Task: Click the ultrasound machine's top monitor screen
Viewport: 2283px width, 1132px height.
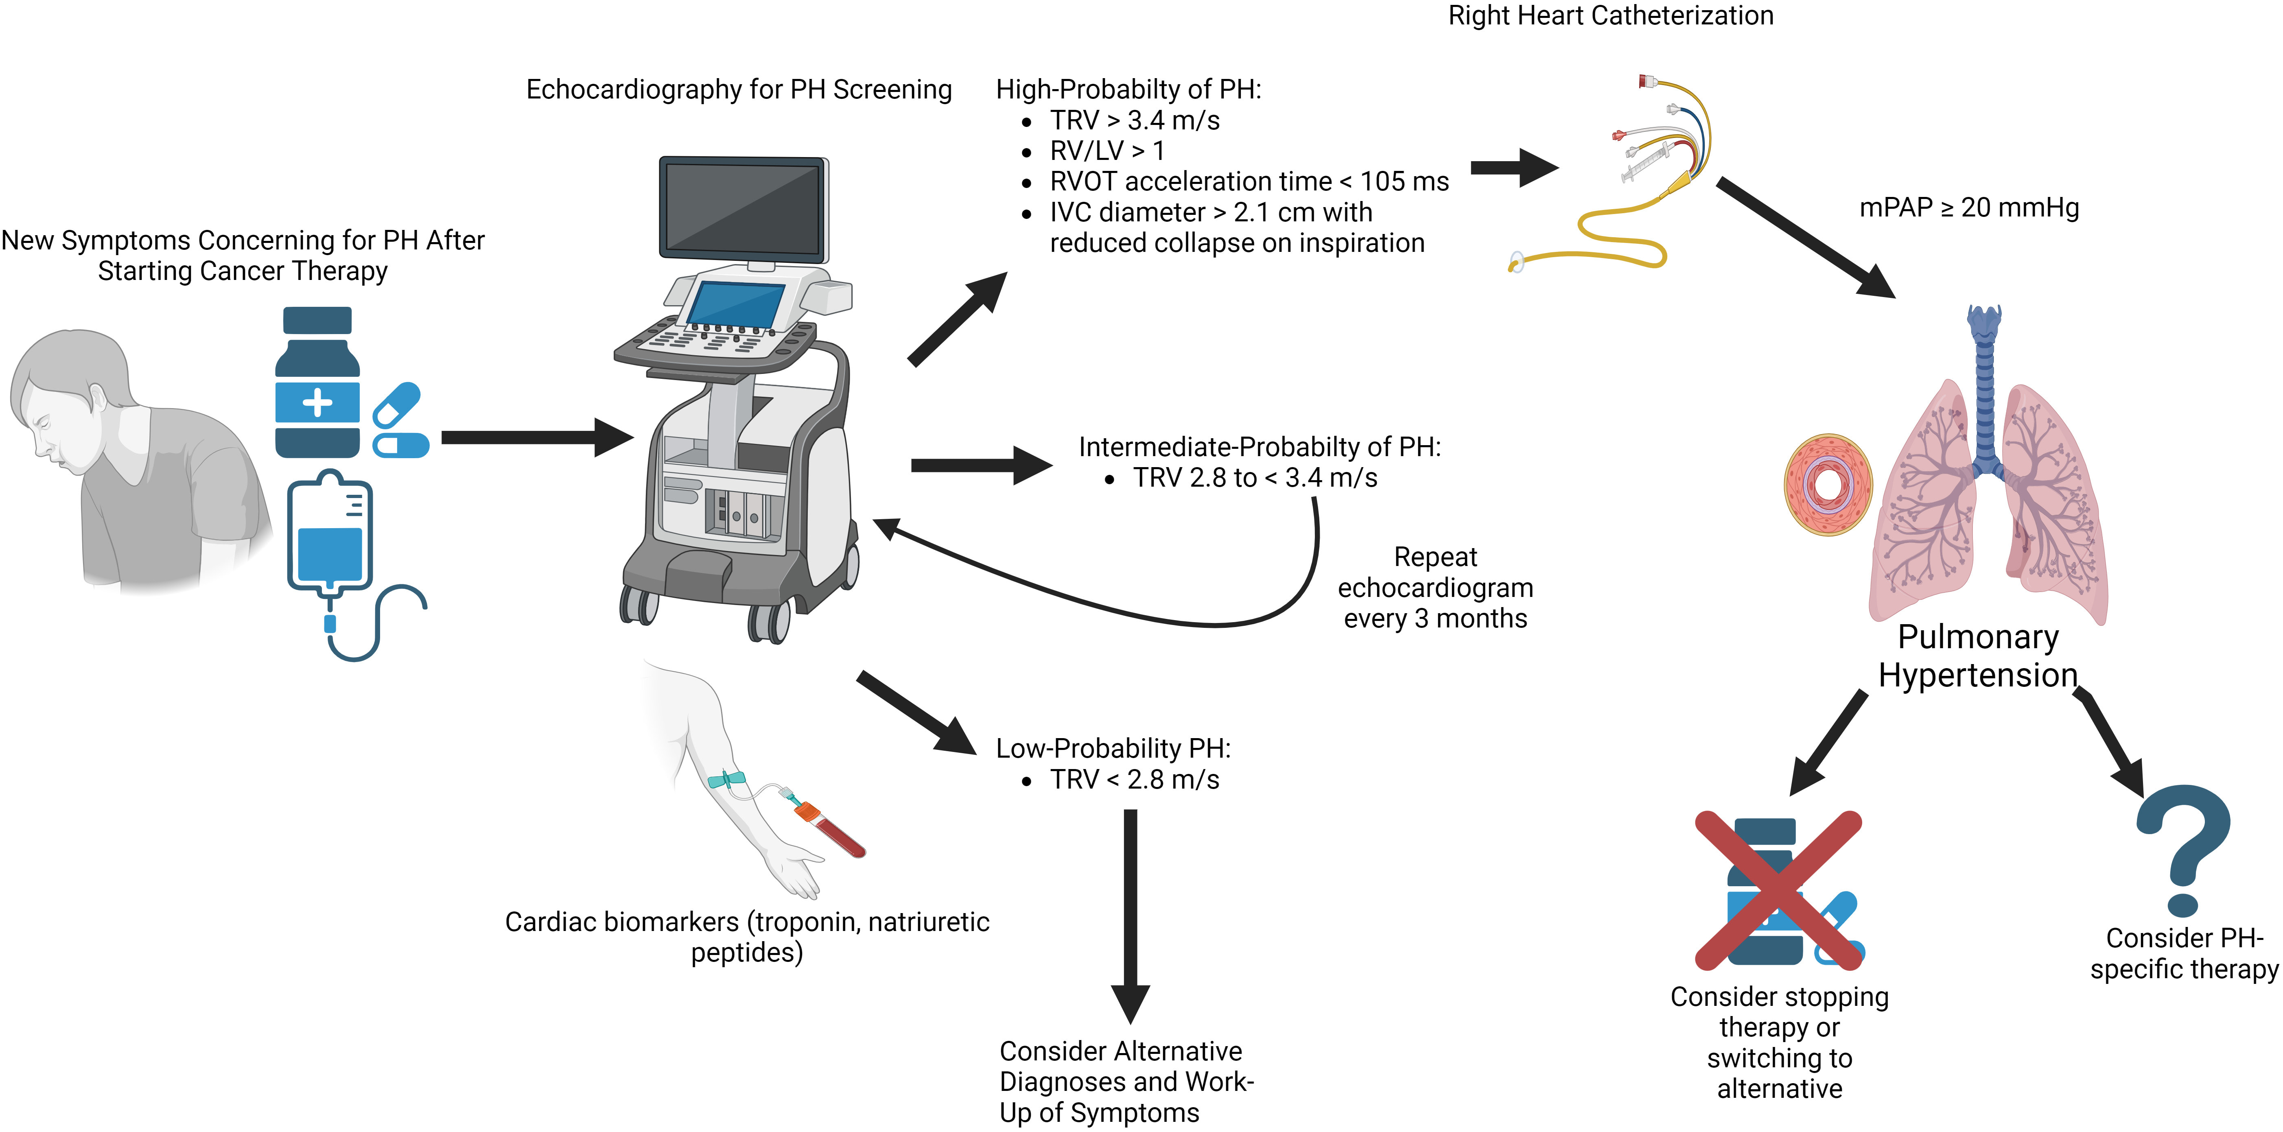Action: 743,209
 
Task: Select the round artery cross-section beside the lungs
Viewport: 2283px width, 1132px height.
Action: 1828,484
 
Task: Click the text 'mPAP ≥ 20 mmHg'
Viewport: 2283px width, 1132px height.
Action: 1968,208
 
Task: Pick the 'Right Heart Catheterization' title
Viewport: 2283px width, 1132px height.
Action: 1610,16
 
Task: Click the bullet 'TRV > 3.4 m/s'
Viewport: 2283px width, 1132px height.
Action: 1135,120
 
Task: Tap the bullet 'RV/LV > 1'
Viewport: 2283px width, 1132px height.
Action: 1107,151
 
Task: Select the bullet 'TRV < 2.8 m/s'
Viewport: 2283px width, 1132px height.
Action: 1135,779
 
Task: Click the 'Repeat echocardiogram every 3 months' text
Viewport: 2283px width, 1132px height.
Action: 1435,588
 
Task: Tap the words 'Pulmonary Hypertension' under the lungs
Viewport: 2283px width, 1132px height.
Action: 1977,656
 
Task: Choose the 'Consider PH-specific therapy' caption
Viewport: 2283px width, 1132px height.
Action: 2184,953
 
